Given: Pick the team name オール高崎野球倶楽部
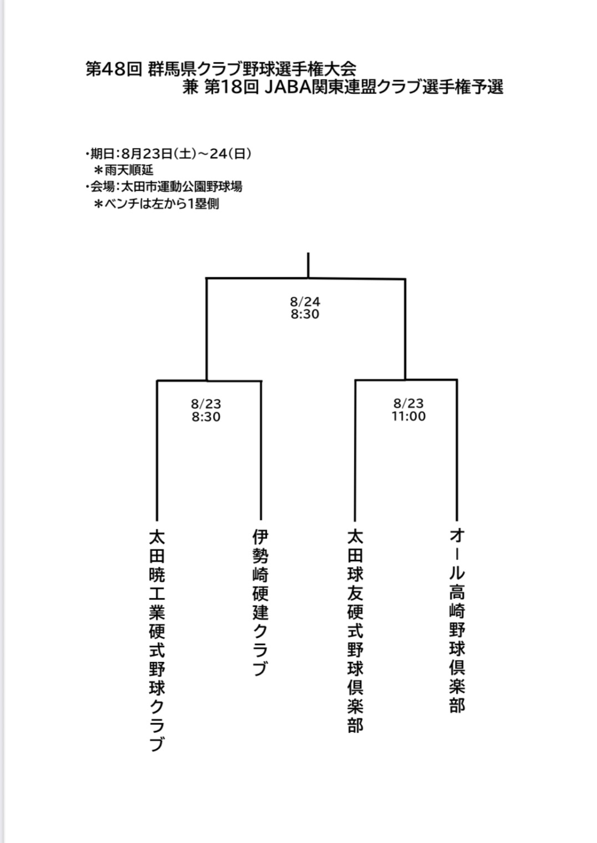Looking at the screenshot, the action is [457, 621].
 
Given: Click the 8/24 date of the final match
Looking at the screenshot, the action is [305, 302].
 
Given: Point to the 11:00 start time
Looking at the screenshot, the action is [409, 416].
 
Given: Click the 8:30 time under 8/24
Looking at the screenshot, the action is [305, 314].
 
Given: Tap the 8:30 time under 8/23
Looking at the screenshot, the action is [206, 417].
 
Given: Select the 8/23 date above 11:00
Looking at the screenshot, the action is [409, 403].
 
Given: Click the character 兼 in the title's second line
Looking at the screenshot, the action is [190, 88].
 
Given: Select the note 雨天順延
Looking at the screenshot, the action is [129, 170].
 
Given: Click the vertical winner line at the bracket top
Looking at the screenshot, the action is [308, 265].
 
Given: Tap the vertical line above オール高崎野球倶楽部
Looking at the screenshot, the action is [457, 450].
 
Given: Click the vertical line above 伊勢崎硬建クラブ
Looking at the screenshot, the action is [261, 450].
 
